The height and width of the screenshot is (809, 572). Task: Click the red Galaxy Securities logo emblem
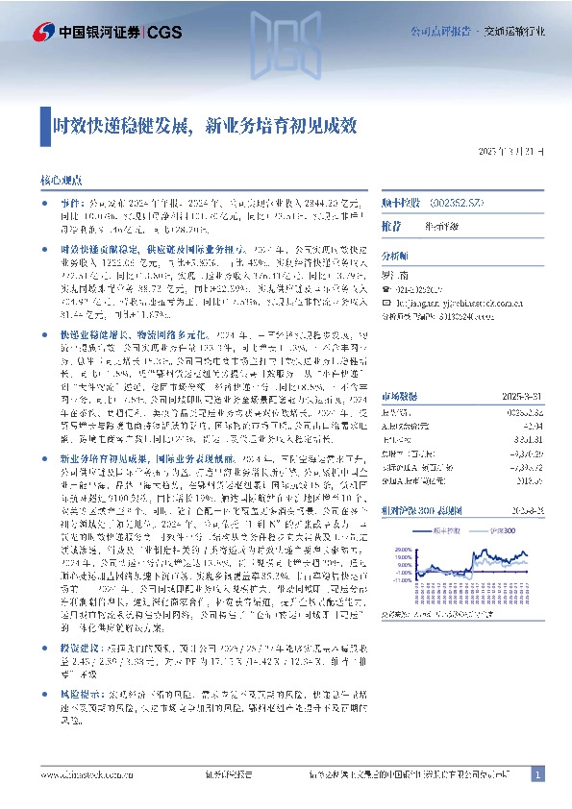tap(39, 31)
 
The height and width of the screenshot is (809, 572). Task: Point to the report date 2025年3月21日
tap(511, 153)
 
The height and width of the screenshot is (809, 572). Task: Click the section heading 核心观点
tap(59, 181)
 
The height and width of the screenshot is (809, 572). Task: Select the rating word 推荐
tap(391, 225)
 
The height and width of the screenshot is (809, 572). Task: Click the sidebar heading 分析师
tap(394, 257)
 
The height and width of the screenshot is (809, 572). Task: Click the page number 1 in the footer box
tap(537, 774)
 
